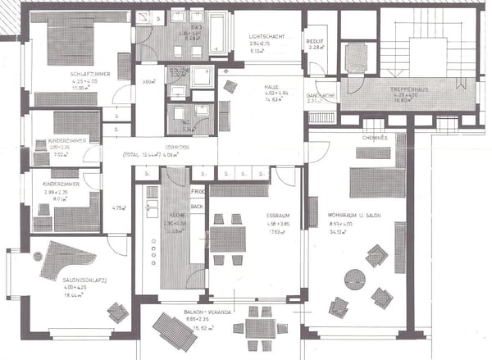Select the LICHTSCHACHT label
click(266, 37)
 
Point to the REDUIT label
click(315, 40)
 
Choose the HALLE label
click(271, 86)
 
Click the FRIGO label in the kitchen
click(197, 191)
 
